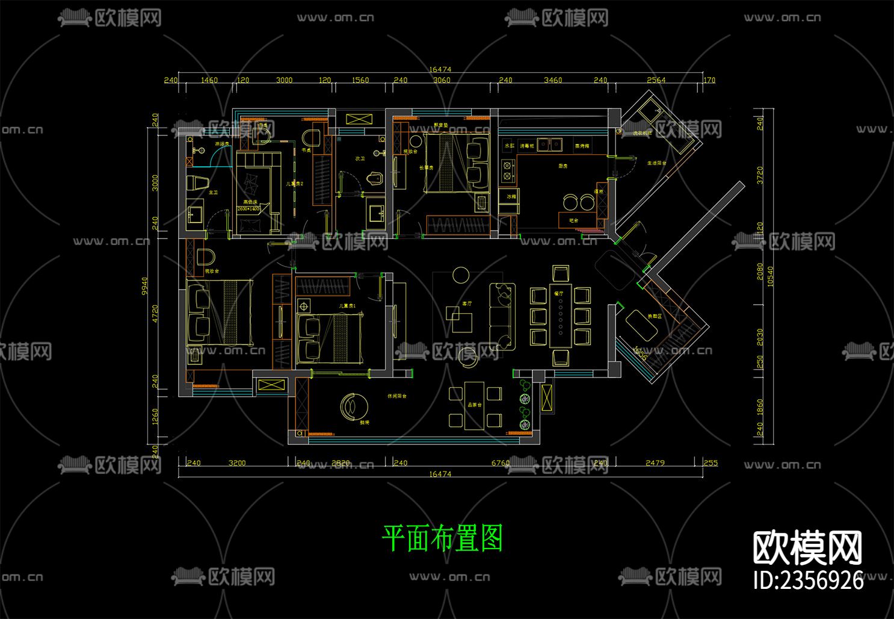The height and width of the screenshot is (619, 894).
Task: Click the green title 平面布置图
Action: pyautogui.click(x=442, y=538)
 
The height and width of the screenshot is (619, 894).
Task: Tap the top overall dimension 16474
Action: pyautogui.click(x=440, y=69)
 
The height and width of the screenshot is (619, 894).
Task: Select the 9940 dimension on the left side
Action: pyautogui.click(x=144, y=286)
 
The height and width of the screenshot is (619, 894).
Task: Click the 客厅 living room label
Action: pyautogui.click(x=466, y=304)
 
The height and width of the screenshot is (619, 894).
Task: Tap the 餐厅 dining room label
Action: pyautogui.click(x=559, y=294)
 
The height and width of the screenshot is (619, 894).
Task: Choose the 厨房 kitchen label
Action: pyautogui.click(x=563, y=166)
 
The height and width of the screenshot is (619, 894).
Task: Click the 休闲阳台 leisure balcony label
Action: pyautogui.click(x=396, y=396)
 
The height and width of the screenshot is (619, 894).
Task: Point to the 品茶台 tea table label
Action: pyautogui.click(x=474, y=405)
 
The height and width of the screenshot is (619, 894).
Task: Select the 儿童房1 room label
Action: pyautogui.click(x=347, y=306)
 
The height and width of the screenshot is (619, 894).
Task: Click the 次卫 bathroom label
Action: pyautogui.click(x=360, y=159)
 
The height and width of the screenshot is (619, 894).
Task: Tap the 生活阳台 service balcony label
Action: pyautogui.click(x=656, y=163)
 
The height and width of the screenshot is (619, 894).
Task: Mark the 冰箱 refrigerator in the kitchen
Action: pyautogui.click(x=511, y=197)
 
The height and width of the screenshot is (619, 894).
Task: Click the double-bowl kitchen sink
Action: pyautogui.click(x=550, y=145)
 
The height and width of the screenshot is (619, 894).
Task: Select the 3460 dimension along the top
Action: pyautogui.click(x=552, y=80)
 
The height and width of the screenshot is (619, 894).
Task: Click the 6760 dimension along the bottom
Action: pyautogui.click(x=501, y=463)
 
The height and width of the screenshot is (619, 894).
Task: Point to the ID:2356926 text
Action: pyautogui.click(x=808, y=580)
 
